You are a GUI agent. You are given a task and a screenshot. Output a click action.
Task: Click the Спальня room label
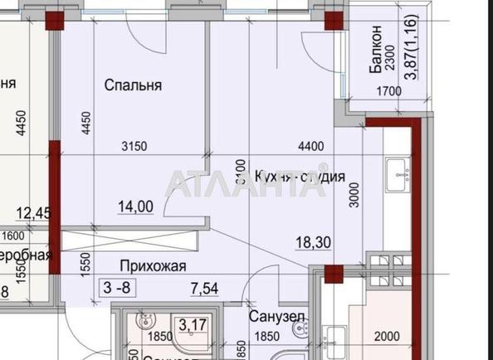[x=132, y=85]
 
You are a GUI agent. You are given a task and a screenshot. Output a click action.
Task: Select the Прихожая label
[x=152, y=265]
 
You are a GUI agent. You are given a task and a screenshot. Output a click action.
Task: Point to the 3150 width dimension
[x=134, y=147]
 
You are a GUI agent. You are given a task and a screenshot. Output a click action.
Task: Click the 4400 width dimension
[x=310, y=147]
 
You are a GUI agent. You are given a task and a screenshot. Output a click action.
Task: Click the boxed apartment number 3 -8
[x=115, y=288]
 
